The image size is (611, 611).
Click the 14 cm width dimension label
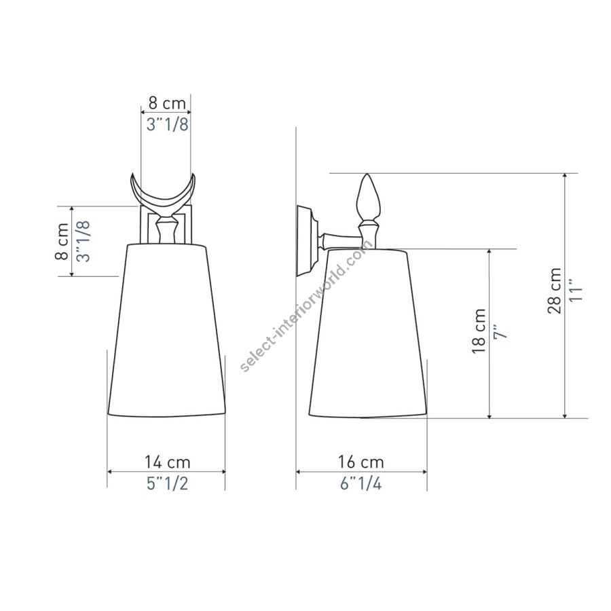pos(168,462)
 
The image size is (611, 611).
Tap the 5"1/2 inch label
pos(167,483)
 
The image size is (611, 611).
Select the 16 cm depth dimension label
pos(361,462)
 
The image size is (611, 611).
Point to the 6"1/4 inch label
pos(361,483)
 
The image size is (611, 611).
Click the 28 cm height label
pos(555,291)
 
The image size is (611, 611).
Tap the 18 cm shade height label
pos(479,331)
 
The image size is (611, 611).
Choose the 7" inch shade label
pos(500,331)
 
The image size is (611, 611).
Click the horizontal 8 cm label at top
pos(167,104)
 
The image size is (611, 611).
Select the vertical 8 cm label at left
pos(62,242)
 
